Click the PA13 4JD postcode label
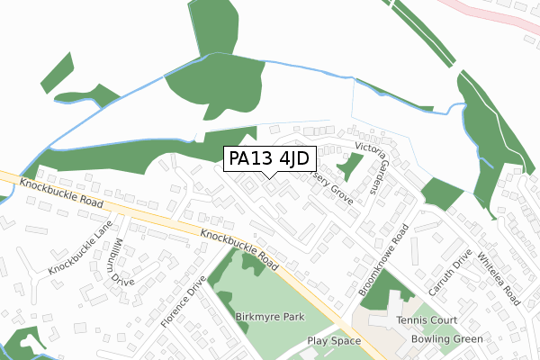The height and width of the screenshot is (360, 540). [267, 159]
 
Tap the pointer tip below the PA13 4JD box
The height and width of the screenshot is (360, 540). [267, 176]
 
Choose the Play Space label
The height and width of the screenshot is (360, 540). [333, 341]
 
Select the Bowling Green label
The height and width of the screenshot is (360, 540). [446, 339]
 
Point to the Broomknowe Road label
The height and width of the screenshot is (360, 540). [384, 260]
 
